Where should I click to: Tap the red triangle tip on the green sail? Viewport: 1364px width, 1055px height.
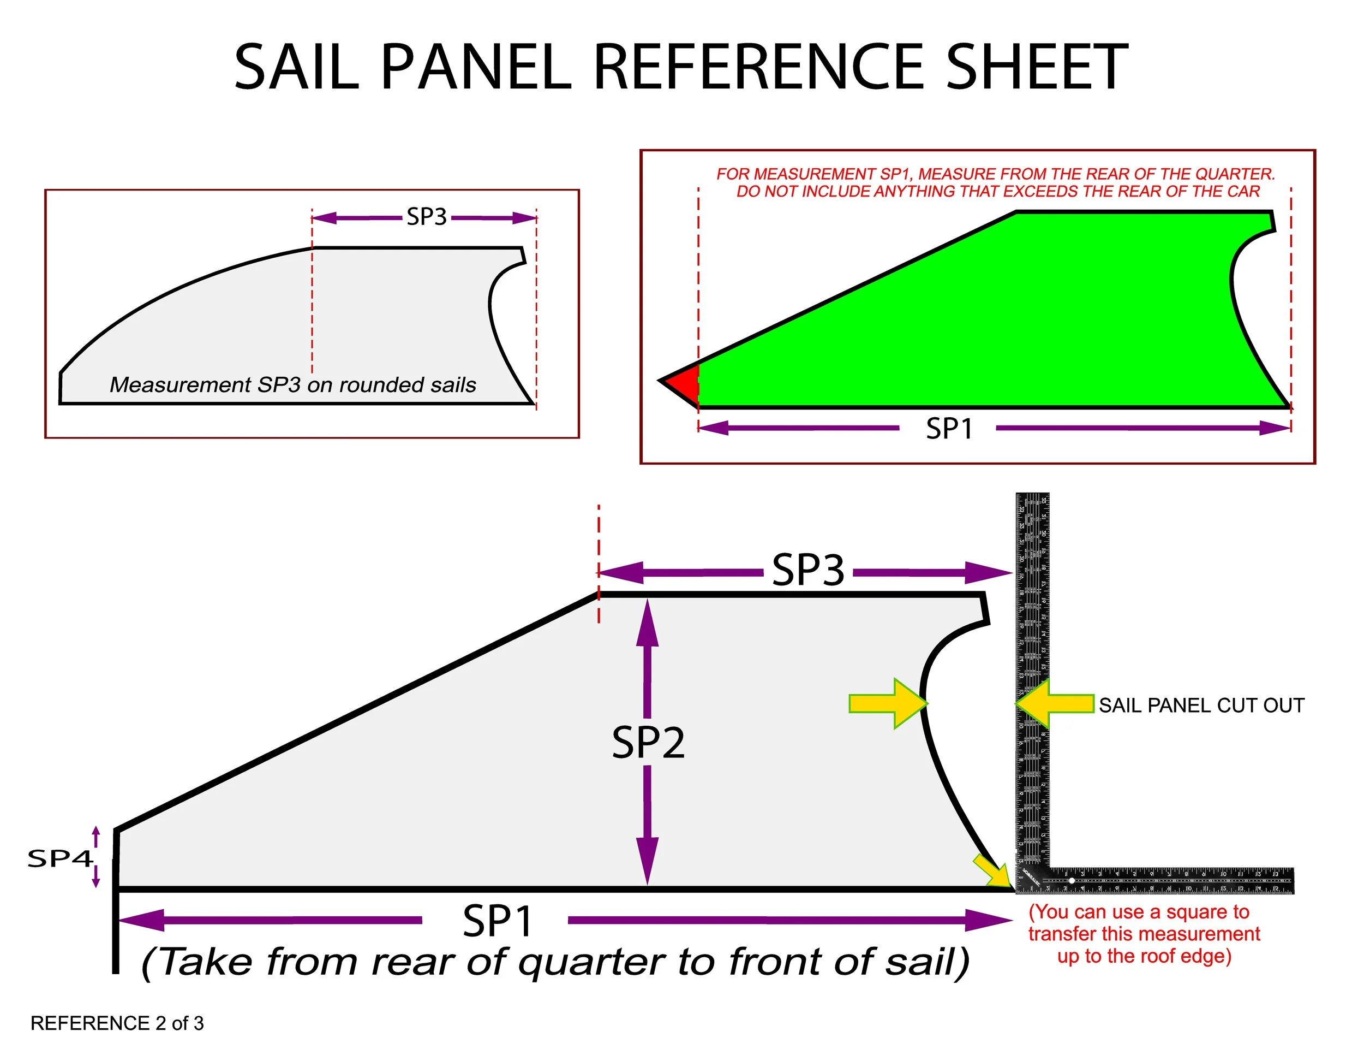click(x=683, y=382)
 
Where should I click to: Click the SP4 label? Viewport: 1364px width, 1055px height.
click(x=60, y=859)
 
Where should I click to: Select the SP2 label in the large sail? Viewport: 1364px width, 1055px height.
click(x=648, y=743)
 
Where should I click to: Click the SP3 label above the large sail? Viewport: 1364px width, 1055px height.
click(x=808, y=570)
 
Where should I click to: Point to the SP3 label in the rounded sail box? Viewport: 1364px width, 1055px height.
click(x=427, y=217)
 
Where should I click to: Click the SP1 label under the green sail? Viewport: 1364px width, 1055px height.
click(x=949, y=429)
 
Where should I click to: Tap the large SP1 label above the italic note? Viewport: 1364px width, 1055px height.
click(x=498, y=921)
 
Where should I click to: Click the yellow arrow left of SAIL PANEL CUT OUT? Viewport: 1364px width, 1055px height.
click(x=1055, y=704)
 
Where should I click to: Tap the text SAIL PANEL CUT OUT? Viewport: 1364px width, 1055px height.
click(x=1201, y=706)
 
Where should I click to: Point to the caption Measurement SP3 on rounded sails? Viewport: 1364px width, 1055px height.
click(x=293, y=385)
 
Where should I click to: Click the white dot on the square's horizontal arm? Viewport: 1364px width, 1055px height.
click(x=1072, y=881)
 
